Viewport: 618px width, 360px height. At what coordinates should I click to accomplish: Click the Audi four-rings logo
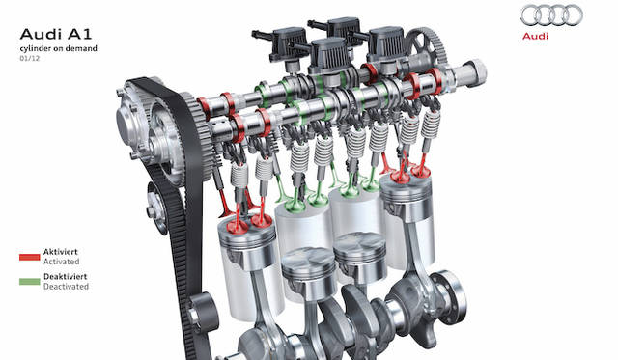click(x=551, y=15)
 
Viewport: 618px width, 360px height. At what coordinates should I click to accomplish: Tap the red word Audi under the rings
click(x=535, y=37)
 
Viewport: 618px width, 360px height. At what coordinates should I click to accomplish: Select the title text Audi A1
click(x=56, y=35)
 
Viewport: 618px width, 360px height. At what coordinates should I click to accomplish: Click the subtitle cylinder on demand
click(x=58, y=48)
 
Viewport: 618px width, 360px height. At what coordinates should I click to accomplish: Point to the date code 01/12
click(x=30, y=59)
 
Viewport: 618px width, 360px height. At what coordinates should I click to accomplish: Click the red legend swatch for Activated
click(x=30, y=257)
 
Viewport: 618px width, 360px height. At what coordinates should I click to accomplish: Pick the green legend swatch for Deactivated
click(x=30, y=282)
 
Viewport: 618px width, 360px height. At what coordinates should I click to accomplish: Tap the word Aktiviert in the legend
click(x=60, y=252)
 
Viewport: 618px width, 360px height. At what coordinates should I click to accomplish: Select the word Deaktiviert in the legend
click(x=65, y=276)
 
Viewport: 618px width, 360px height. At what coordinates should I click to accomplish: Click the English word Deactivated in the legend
click(x=66, y=287)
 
